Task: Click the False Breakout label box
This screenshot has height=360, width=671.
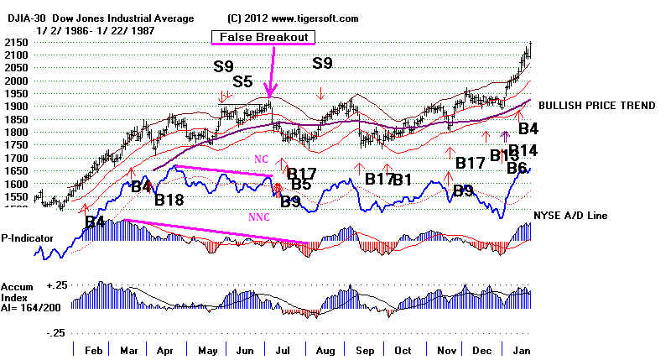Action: tap(263, 37)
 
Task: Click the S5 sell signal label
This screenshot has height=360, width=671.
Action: tap(242, 81)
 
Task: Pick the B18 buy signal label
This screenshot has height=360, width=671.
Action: tap(170, 200)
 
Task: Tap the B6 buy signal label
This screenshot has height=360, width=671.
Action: tap(518, 167)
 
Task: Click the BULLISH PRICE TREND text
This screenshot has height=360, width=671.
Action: tap(596, 105)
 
